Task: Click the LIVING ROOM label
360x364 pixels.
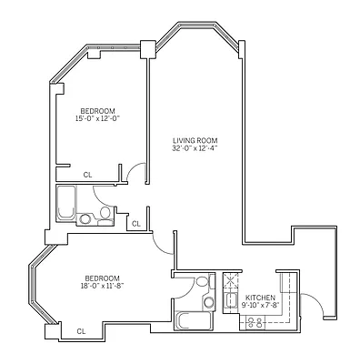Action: (195, 139)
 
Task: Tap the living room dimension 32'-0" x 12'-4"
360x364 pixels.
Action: (195, 148)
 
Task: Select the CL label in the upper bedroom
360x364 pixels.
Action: (87, 174)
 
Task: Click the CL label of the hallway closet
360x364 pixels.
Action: (135, 223)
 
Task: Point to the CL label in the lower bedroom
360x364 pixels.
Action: (81, 331)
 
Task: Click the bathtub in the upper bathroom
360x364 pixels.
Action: (65, 204)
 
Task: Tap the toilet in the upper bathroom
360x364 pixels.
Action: (105, 213)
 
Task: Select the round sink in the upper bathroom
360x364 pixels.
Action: (85, 218)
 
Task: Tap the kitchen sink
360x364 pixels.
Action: (231, 299)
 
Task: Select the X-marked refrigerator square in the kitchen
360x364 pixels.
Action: (230, 280)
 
